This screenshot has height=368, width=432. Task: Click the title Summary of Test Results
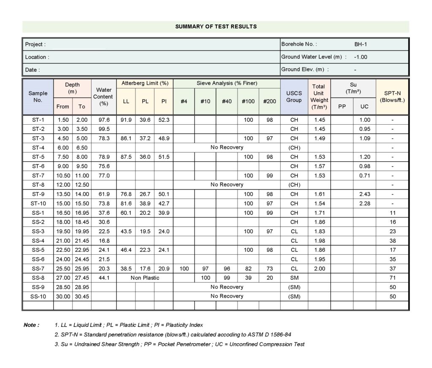point(216,27)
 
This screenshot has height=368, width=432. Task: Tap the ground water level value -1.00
point(361,57)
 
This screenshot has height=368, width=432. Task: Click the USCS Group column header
point(294,96)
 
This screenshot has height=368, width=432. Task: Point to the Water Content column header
point(104,96)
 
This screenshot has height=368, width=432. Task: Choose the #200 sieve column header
point(270,101)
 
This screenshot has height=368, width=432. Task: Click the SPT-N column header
point(392,96)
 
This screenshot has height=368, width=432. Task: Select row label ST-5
point(38,157)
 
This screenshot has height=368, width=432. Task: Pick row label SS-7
point(38,269)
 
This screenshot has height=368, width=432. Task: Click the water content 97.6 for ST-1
point(104,120)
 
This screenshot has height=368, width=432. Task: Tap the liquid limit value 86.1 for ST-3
point(126,139)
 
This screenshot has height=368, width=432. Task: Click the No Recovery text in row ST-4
point(227,148)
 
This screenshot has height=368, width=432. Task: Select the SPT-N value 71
point(393,278)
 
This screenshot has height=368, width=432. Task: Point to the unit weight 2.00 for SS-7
point(319,269)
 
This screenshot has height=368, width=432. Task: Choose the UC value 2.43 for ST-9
point(364,194)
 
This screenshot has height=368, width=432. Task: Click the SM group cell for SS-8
point(294,278)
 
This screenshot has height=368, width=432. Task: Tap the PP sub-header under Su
point(342,107)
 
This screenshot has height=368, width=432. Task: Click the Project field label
point(35,45)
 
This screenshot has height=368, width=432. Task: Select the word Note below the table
point(32,325)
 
